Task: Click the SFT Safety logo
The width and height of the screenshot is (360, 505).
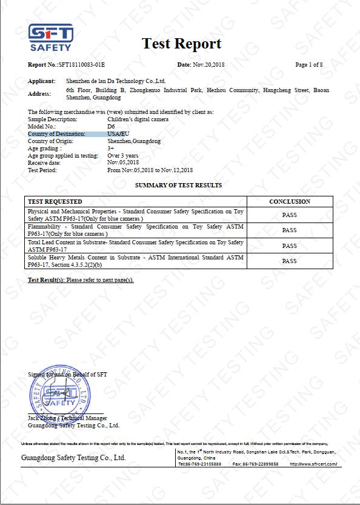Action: coord(51,38)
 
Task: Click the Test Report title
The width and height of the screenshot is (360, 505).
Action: coord(181,44)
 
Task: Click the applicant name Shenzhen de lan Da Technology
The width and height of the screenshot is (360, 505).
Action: coord(115,81)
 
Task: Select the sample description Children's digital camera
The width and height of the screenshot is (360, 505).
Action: coord(138,119)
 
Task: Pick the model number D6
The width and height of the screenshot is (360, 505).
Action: coord(111,126)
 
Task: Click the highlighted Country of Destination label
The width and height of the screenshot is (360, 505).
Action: coord(57,133)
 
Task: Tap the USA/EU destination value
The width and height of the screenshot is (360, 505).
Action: coord(118,133)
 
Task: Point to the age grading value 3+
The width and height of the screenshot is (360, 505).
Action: coord(110,148)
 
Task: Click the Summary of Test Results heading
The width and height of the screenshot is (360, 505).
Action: coord(178,185)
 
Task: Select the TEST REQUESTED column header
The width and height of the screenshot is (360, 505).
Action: coord(55,201)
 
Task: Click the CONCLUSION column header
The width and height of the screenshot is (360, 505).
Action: coord(289,201)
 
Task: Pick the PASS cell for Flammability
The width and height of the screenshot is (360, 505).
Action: coord(289,230)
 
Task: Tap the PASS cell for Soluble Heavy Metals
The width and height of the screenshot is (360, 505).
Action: coord(289,261)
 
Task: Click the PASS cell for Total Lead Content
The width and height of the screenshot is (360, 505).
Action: coord(289,246)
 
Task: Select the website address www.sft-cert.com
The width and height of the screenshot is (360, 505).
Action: coord(313,464)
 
